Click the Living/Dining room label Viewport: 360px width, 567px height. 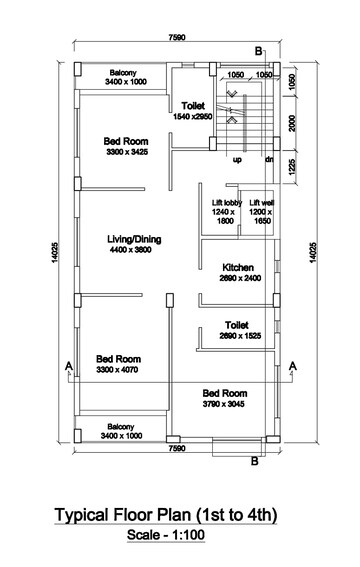point(134,239)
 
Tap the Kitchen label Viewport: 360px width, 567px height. point(238,268)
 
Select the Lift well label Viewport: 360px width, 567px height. point(261,202)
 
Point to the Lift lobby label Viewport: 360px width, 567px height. point(227,202)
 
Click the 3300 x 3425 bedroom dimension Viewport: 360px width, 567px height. point(127,152)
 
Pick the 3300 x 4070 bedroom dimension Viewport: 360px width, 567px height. point(117,370)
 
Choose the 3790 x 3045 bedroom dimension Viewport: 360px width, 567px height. point(223,404)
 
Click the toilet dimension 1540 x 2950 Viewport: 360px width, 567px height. point(193,117)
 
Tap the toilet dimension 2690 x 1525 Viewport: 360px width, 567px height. point(240,336)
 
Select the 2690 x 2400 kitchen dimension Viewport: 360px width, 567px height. point(240,278)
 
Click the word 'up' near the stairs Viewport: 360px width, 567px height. point(237,160)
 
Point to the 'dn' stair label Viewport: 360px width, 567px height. point(269,159)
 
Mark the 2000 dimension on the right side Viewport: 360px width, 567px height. point(292,123)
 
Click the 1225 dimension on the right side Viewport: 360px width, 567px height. point(292,167)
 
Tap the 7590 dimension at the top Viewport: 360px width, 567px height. point(177,37)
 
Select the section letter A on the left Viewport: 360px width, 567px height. point(69,366)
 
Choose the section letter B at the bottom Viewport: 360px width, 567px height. point(255,461)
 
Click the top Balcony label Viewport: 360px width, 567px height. point(123,73)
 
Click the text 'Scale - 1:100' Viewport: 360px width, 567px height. point(166,534)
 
